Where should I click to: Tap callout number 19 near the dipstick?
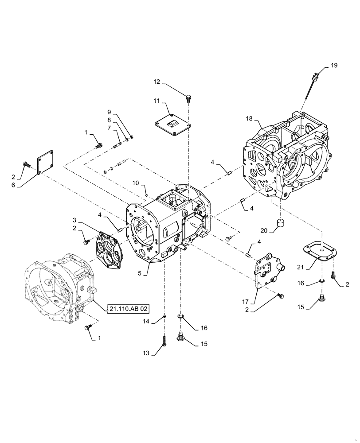(333, 66)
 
